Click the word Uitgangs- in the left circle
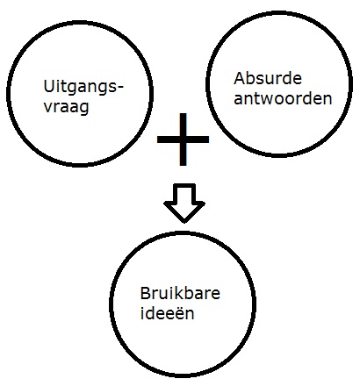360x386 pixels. tap(83, 88)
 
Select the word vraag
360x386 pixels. tap(67, 107)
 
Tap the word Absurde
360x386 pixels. tap(268, 78)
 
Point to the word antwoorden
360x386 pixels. tap(283, 98)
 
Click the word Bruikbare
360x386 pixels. tap(180, 293)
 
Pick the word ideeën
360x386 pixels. tap(167, 312)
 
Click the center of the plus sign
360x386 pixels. tap(183, 139)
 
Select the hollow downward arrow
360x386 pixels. tap(184, 204)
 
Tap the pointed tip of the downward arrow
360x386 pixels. tap(184, 223)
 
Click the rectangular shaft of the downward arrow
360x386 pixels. tap(184, 193)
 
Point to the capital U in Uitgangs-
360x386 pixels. tap(48, 86)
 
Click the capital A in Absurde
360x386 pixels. tap(239, 78)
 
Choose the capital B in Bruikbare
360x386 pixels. tap(145, 293)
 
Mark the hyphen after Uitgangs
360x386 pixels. tap(120, 88)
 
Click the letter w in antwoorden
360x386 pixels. tap(269, 99)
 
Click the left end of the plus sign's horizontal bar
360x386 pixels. tap(158, 139)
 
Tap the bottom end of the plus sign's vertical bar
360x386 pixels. tap(183, 165)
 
